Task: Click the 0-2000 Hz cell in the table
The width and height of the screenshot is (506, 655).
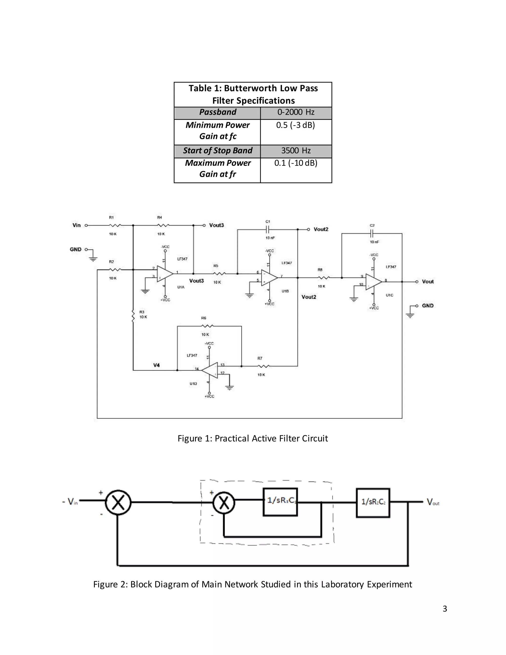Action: point(296,112)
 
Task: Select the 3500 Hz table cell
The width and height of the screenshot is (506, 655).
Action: point(296,151)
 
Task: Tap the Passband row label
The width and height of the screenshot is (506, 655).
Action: point(218,112)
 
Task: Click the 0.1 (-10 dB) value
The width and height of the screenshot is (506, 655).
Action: point(296,163)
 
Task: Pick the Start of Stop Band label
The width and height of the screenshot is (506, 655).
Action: point(218,151)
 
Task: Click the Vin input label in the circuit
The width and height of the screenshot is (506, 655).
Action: point(77,225)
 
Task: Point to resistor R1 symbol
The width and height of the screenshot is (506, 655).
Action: point(115,225)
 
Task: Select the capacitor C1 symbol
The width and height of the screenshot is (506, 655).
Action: point(268,230)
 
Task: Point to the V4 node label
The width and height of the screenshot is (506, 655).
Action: point(156,365)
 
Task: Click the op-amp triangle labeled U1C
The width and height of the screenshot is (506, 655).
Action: point(374,282)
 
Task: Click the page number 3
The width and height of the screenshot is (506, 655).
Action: point(445,609)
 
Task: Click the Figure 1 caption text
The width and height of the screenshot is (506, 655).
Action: point(253,438)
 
